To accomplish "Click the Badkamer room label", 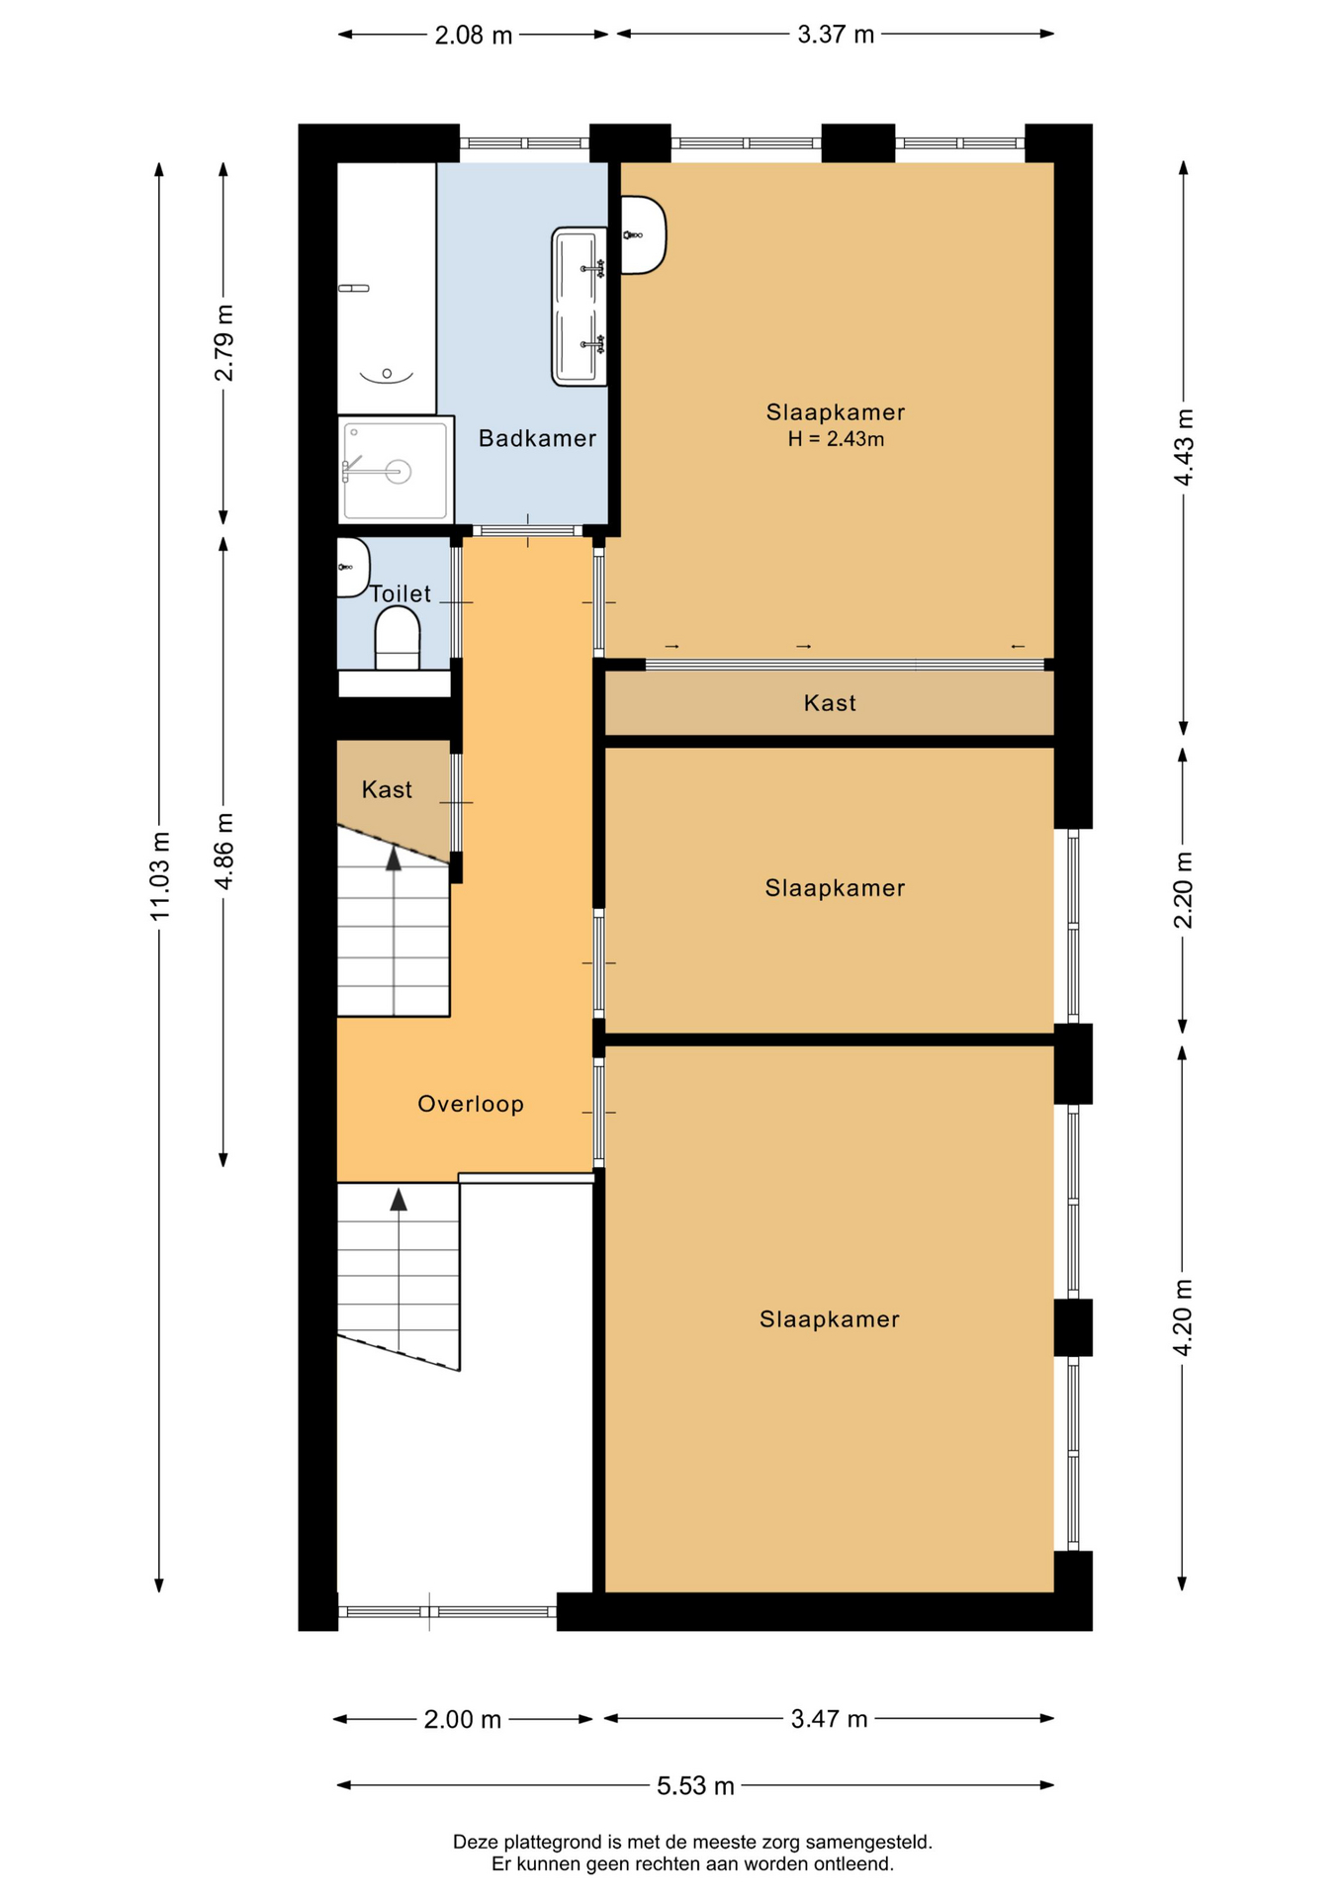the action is [x=537, y=438].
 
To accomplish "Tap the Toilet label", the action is [x=401, y=593].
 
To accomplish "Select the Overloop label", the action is [x=471, y=1104].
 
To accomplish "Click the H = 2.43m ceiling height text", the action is [x=836, y=439].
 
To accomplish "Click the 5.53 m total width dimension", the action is [x=696, y=1785].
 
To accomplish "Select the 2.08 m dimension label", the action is [x=474, y=36].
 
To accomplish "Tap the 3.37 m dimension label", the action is [x=836, y=35].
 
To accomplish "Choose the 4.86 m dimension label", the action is [x=224, y=852].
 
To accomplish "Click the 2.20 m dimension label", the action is [x=1183, y=890].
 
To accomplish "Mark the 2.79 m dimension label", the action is [x=224, y=342].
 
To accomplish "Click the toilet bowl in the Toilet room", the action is [x=398, y=638].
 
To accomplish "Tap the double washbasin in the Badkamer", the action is [x=580, y=307].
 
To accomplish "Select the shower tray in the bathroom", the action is [x=395, y=470].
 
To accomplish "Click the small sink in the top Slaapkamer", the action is [x=643, y=234].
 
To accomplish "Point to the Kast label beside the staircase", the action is [x=387, y=789].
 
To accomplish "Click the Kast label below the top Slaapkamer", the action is [x=830, y=703].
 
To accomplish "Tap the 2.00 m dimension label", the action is [x=463, y=1719].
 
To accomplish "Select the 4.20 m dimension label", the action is [x=1183, y=1318].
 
